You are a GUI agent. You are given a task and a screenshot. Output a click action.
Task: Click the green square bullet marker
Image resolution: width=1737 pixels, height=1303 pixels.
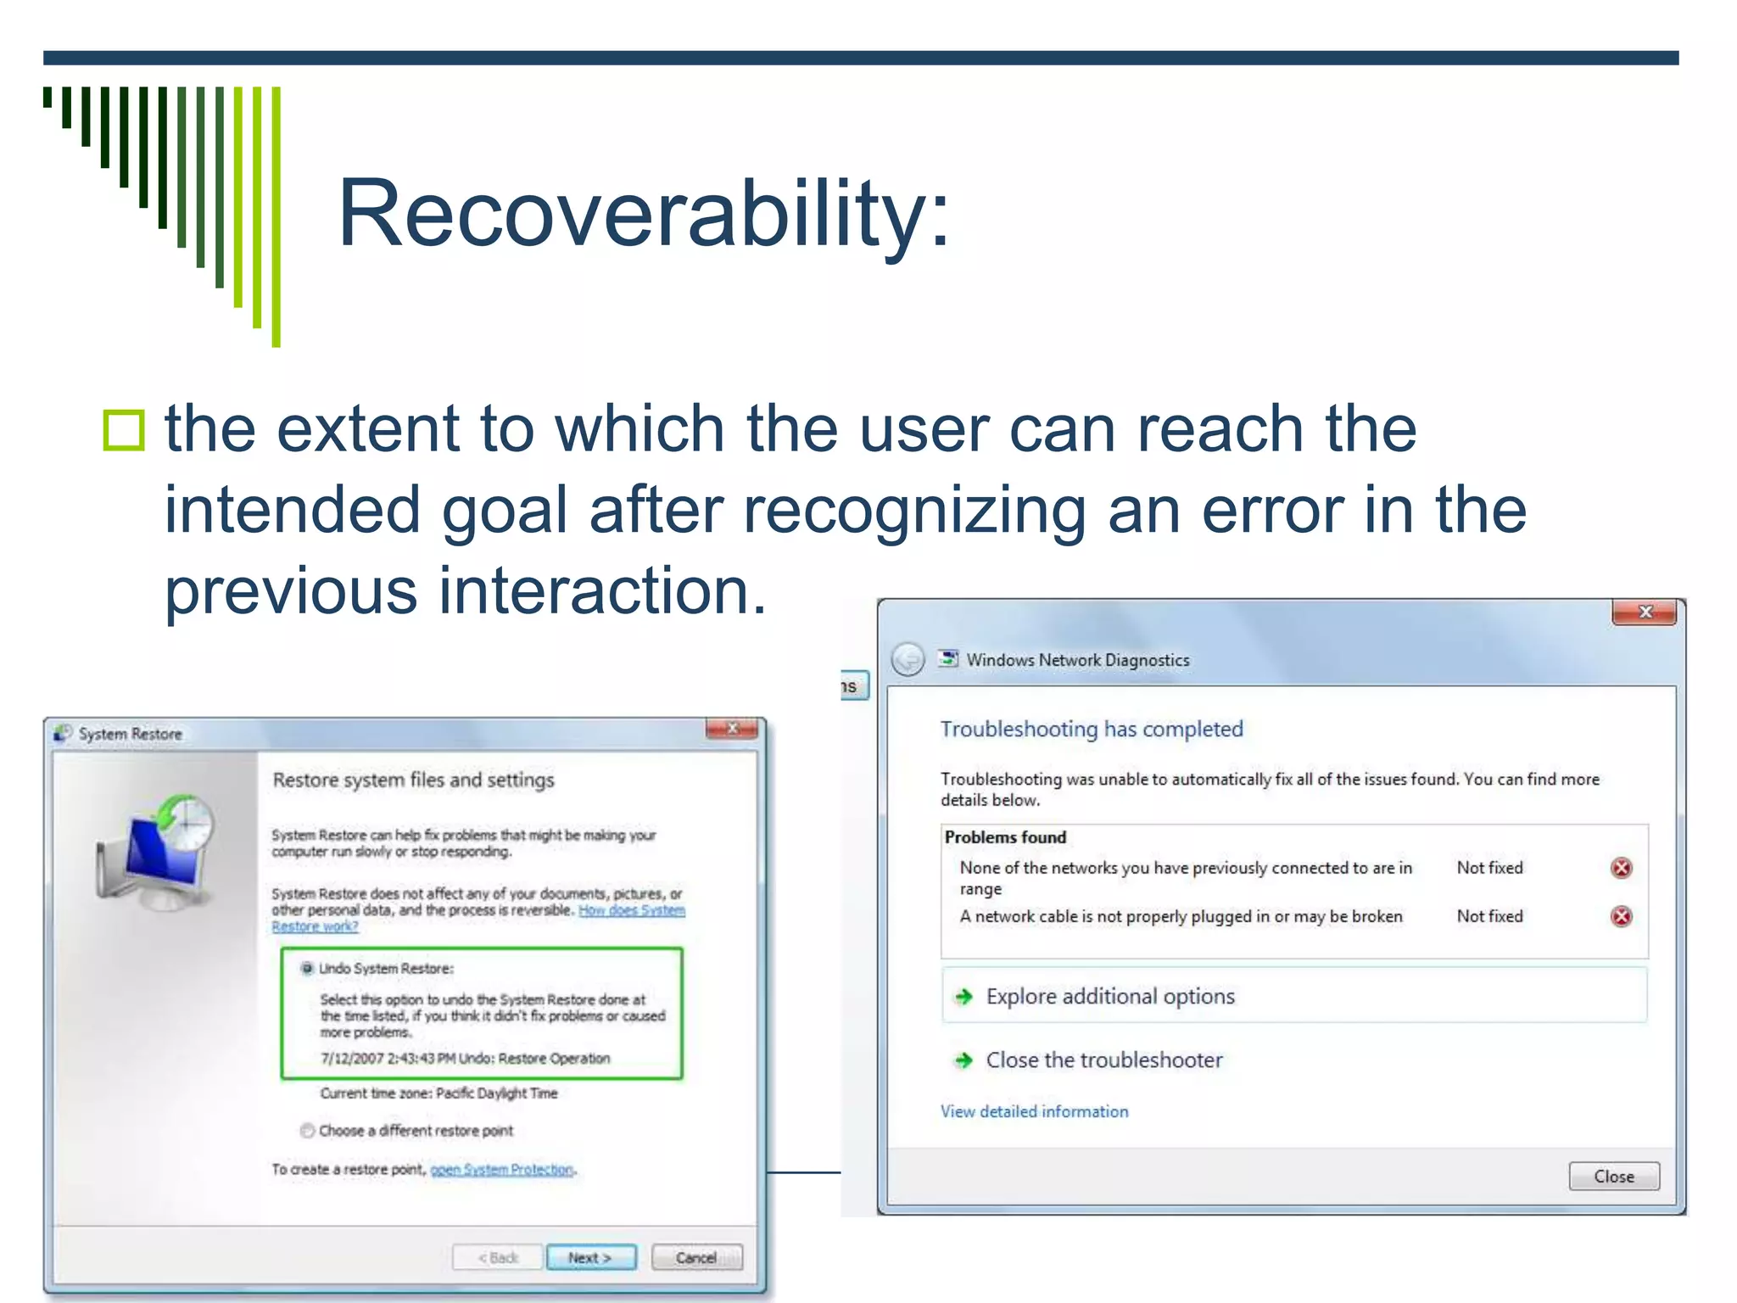124,430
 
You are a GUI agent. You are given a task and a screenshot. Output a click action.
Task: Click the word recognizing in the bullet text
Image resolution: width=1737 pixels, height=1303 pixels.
914,511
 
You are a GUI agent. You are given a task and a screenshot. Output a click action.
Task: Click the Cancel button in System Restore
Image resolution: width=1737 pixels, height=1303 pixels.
696,1257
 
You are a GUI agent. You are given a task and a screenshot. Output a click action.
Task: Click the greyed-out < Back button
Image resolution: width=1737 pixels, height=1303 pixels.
498,1257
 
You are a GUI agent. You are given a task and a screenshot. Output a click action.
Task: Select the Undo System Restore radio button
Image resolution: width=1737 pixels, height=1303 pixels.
307,968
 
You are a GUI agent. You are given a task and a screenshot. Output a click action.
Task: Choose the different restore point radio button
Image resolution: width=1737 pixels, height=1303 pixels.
308,1130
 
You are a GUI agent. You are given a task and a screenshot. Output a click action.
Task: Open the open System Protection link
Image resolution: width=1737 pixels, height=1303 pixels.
502,1169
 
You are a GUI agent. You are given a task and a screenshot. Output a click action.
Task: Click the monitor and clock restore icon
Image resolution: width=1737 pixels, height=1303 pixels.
157,853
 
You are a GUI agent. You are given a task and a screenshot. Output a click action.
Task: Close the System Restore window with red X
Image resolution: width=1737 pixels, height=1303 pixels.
731,729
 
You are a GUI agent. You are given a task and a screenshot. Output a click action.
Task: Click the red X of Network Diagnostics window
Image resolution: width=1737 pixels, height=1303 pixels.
1644,612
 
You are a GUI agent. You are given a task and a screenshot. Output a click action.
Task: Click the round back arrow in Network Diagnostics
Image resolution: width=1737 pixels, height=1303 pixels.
908,659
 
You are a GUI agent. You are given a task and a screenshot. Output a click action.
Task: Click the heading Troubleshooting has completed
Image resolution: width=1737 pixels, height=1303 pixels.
1091,729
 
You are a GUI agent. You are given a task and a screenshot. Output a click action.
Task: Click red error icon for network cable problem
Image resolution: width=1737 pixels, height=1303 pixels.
1621,916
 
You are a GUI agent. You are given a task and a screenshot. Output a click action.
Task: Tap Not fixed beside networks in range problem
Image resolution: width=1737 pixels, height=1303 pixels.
1489,868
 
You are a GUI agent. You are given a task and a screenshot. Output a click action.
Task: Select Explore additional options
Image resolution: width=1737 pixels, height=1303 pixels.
1109,996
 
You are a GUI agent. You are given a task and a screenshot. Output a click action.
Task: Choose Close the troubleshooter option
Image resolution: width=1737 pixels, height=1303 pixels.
1103,1060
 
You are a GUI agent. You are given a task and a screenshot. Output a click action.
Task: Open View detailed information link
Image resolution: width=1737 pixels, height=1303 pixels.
1034,1111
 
